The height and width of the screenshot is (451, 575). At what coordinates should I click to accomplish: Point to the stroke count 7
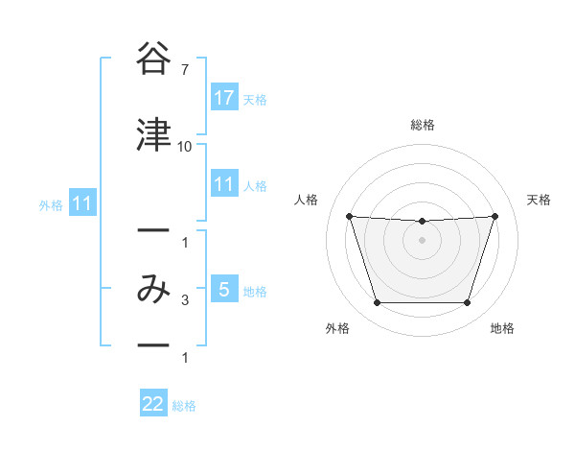[184, 70]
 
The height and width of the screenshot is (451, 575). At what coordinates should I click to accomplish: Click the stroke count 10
[184, 147]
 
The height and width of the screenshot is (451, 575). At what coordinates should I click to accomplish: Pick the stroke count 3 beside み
[184, 301]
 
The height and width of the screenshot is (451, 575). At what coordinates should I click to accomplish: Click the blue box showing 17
[224, 98]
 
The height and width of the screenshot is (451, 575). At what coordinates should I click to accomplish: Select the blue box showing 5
[224, 290]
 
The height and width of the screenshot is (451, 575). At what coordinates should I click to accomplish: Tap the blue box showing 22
[153, 404]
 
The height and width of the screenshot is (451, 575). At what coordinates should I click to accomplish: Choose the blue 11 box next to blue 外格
[81, 203]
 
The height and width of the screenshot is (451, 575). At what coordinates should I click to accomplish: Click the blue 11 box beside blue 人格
[224, 184]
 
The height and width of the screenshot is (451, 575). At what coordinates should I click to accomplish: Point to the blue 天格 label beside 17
[255, 99]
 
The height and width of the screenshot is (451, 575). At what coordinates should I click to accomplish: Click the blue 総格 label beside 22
[184, 406]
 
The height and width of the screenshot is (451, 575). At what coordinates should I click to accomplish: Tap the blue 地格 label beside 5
[255, 291]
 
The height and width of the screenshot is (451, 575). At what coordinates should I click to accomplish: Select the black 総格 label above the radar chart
[422, 125]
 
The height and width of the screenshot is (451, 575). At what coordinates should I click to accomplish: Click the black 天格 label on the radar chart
[539, 200]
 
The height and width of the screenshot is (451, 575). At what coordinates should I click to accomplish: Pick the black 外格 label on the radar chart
[336, 328]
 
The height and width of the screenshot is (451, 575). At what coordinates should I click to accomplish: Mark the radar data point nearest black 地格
[467, 303]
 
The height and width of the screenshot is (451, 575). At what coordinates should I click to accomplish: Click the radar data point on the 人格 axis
[349, 217]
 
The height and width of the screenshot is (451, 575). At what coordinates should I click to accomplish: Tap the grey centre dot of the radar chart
[422, 240]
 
